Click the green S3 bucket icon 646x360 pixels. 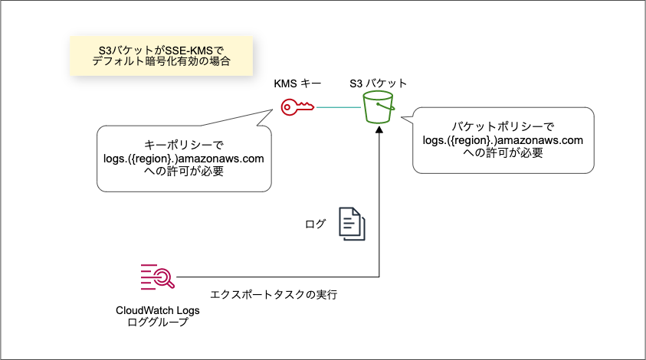[x=379, y=107]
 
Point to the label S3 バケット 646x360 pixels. [x=378, y=83]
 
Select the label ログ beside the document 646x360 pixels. [x=315, y=224]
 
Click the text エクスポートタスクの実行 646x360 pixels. [x=274, y=293]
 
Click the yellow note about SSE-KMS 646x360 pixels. [x=161, y=55]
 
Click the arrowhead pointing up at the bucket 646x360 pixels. [x=379, y=131]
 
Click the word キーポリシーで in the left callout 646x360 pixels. [x=184, y=145]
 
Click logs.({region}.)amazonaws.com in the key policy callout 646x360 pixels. [x=184, y=159]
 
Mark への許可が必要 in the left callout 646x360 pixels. [x=184, y=172]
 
